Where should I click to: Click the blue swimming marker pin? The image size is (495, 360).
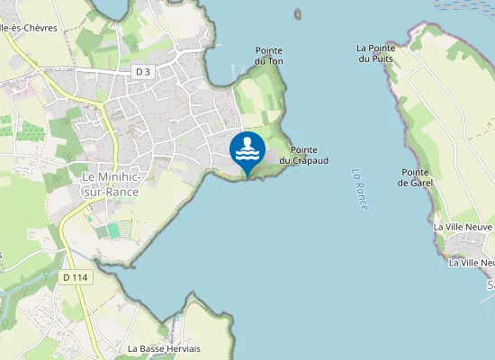click(x=247, y=152)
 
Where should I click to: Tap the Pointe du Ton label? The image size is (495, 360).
click(x=269, y=56)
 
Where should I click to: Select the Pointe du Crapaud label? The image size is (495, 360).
click(x=303, y=155)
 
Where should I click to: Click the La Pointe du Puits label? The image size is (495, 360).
click(x=376, y=53)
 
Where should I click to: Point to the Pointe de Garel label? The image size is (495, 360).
click(x=416, y=176)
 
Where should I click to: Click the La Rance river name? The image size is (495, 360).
click(x=361, y=190)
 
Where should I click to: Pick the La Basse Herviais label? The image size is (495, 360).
click(x=164, y=348)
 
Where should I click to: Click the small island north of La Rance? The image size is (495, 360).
click(x=298, y=13)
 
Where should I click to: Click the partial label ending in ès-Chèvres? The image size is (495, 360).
click(x=29, y=28)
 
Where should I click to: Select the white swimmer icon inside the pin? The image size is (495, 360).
click(x=247, y=147)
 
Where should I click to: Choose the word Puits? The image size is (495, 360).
click(x=376, y=58)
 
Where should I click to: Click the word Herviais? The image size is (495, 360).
click(x=182, y=348)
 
